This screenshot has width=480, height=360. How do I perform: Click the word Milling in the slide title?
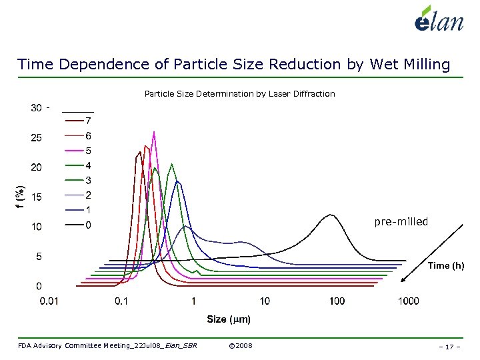tap(418, 64)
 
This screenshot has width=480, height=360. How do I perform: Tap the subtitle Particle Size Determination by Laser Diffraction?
tap(239, 94)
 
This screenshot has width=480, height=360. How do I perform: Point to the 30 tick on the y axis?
tap(37, 108)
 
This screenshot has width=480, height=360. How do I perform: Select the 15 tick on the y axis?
tap(37, 197)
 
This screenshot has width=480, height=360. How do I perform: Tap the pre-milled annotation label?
tap(401, 221)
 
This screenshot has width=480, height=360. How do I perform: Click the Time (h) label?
tap(445, 266)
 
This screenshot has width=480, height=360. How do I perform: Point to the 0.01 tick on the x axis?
tap(49, 301)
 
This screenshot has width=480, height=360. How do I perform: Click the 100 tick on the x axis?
tap(337, 301)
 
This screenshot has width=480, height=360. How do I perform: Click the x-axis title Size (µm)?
tap(228, 320)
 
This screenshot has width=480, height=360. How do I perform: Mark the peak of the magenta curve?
tap(154, 133)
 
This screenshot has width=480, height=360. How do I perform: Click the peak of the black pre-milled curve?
tap(331, 215)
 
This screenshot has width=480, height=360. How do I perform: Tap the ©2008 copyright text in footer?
tap(240, 345)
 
